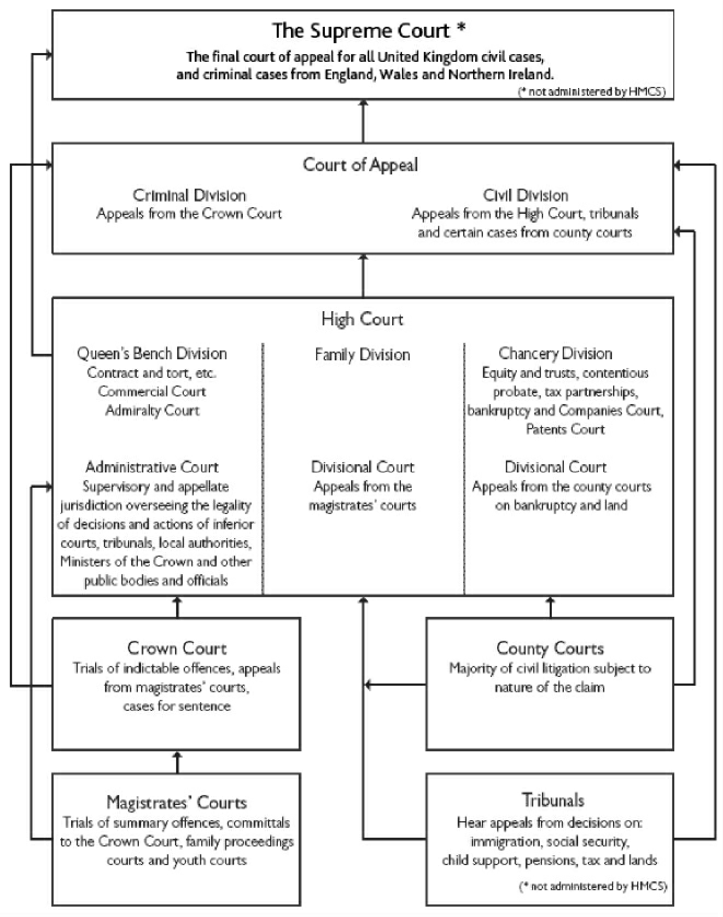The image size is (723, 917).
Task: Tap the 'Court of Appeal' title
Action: [360, 165]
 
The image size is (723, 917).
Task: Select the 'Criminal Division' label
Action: [189, 195]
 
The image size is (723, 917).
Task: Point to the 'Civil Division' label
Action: [525, 195]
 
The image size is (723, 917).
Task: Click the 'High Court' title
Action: [362, 319]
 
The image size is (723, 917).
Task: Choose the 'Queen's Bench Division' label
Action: [152, 353]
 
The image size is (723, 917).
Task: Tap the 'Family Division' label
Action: [362, 355]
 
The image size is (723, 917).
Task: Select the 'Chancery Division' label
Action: [555, 353]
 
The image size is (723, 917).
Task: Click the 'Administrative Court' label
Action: [152, 467]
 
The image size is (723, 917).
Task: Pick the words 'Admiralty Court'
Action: [152, 410]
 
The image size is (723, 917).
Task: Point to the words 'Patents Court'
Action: [565, 429]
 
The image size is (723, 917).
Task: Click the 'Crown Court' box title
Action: [177, 648]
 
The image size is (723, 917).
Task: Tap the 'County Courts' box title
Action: [550, 648]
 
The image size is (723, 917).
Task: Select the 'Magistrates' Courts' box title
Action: [177, 802]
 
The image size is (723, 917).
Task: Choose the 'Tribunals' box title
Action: [553, 800]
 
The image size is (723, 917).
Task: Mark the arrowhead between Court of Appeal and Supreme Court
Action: [363, 103]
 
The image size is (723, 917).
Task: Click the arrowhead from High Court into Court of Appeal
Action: [363, 258]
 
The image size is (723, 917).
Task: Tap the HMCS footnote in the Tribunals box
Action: [593, 886]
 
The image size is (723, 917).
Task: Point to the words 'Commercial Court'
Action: [152, 392]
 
